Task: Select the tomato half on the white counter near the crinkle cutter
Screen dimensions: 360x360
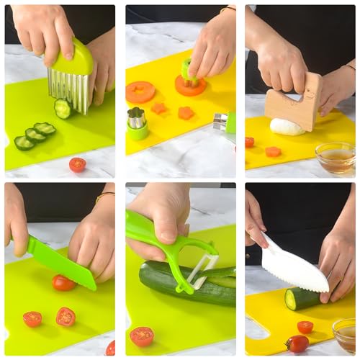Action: pyautogui.click(x=77, y=164)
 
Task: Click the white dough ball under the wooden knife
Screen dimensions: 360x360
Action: pyautogui.click(x=286, y=127)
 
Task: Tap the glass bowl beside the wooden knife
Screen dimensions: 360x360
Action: pyautogui.click(x=336, y=156)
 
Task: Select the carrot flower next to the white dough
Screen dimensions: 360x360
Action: pyautogui.click(x=272, y=151)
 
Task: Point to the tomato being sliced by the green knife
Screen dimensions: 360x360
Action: pyautogui.click(x=63, y=283)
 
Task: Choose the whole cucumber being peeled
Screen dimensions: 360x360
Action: pyautogui.click(x=180, y=284)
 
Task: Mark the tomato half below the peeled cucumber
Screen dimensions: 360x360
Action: pyautogui.click(x=142, y=336)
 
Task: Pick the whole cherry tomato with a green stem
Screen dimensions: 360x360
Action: pyautogui.click(x=297, y=343)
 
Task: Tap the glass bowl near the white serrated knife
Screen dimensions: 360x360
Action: pyautogui.click(x=344, y=334)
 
